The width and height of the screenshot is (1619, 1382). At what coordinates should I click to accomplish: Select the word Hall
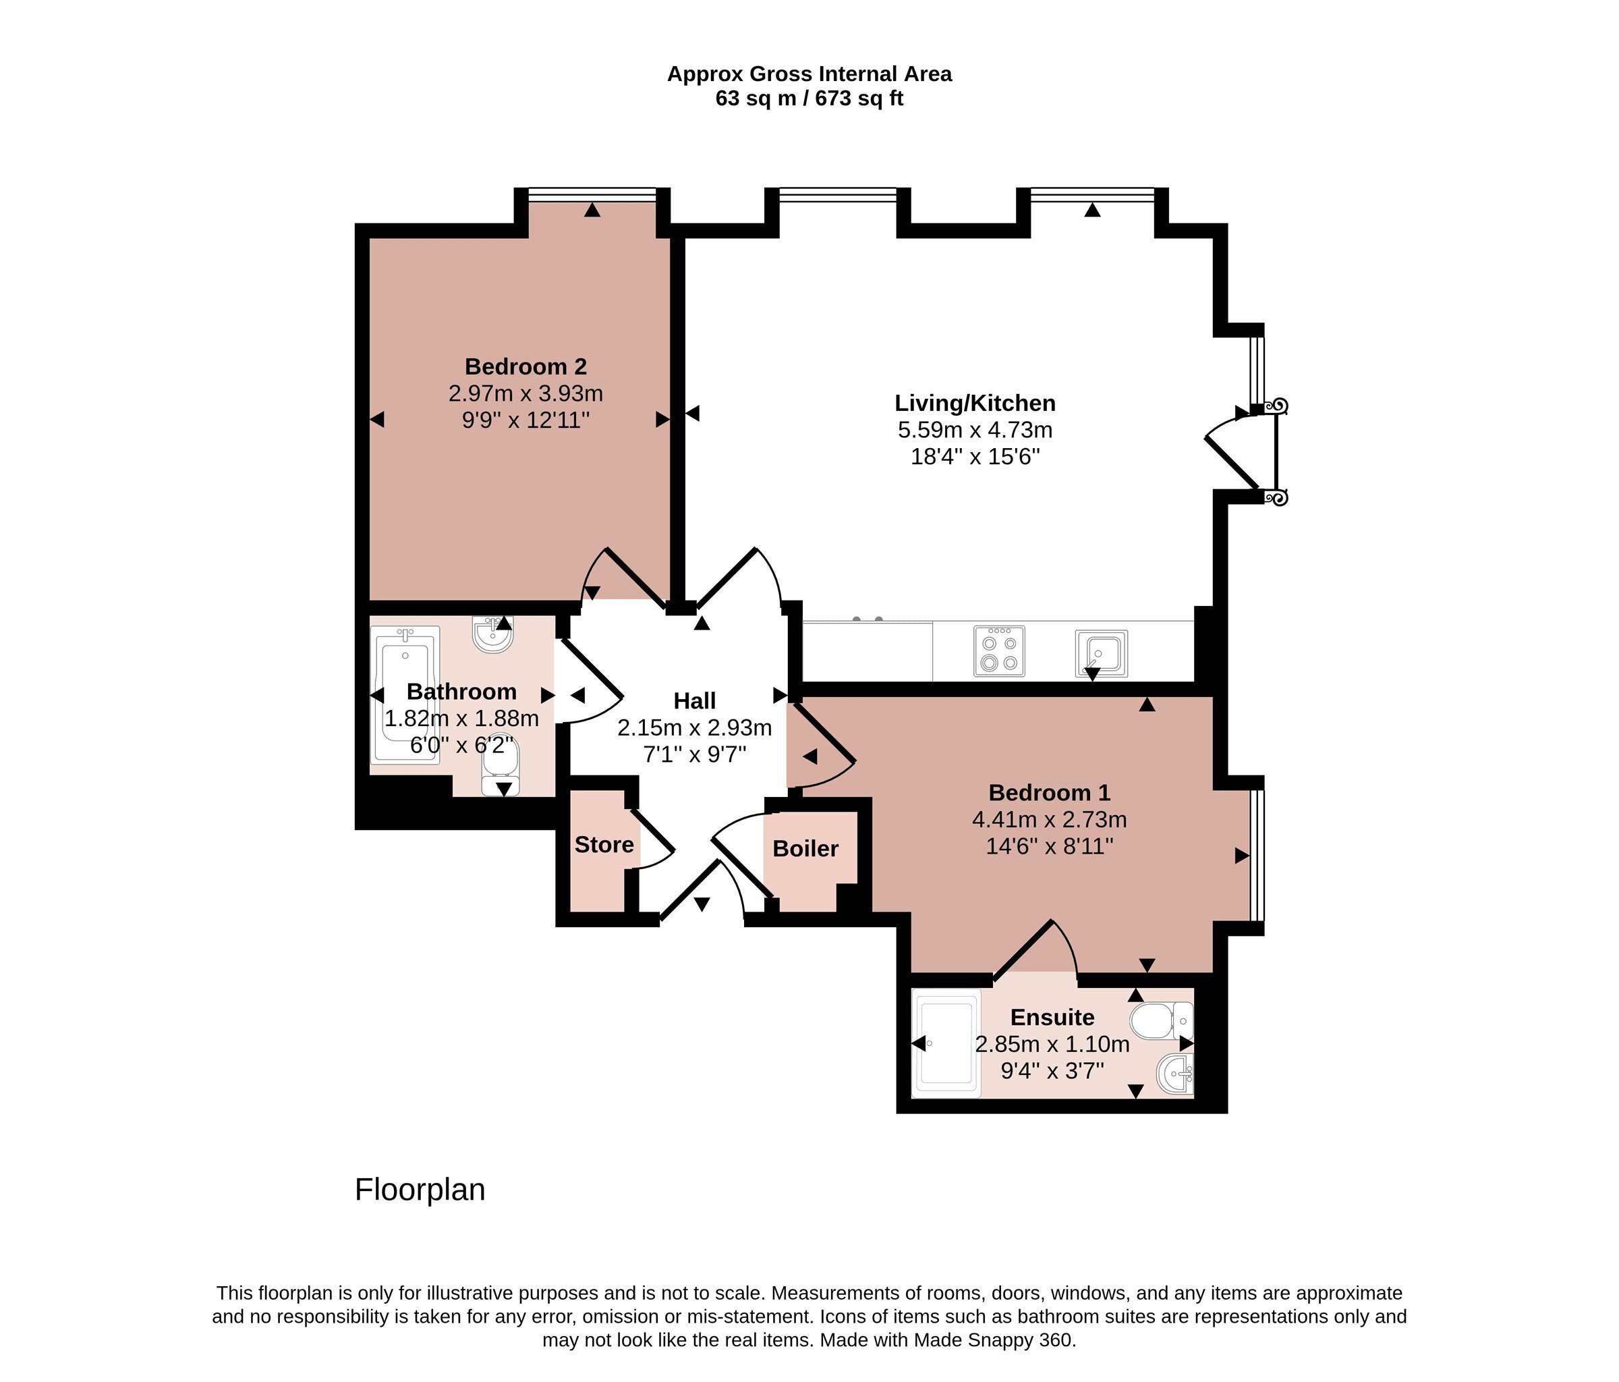coord(694,700)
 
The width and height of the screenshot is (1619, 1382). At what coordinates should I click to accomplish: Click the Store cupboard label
coord(603,844)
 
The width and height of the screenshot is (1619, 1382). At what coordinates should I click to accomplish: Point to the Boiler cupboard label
coord(805,848)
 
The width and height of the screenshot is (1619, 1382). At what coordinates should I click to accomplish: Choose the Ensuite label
coord(1052,1017)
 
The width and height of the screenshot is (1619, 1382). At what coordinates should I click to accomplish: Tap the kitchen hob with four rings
coord(999,651)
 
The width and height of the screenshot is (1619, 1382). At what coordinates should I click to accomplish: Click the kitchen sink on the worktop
coord(1101,653)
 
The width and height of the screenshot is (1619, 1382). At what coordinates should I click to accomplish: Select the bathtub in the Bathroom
coord(405,695)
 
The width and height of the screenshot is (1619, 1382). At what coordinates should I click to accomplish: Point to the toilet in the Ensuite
coord(1161,1021)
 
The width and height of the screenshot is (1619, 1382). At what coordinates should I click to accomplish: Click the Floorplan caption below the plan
coord(420,1189)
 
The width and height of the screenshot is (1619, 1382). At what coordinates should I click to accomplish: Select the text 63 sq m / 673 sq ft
coord(809,99)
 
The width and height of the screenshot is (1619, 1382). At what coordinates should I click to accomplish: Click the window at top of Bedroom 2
coord(592,194)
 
